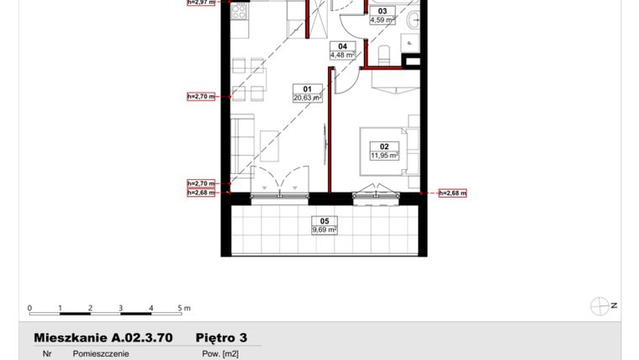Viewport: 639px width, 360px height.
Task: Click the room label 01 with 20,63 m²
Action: click(x=308, y=93)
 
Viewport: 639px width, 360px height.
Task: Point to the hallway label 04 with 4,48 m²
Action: click(x=342, y=50)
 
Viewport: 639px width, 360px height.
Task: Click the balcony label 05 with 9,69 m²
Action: click(x=324, y=225)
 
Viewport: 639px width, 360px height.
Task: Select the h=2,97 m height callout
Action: click(x=202, y=3)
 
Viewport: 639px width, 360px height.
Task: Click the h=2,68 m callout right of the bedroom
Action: click(x=452, y=193)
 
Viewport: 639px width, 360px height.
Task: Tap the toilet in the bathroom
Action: click(x=384, y=56)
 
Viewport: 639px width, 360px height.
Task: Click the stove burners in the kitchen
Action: click(x=238, y=12)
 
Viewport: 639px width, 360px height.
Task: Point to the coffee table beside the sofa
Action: click(x=271, y=146)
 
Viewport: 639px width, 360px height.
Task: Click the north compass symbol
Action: click(x=600, y=306)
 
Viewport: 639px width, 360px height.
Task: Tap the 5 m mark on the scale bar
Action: click(x=181, y=308)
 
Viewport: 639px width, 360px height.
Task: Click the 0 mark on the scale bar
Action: click(x=29, y=308)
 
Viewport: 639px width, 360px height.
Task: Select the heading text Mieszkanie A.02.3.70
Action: click(x=103, y=337)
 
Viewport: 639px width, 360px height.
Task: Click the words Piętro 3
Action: click(x=221, y=337)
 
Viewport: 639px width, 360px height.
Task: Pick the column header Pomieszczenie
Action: click(x=101, y=354)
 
